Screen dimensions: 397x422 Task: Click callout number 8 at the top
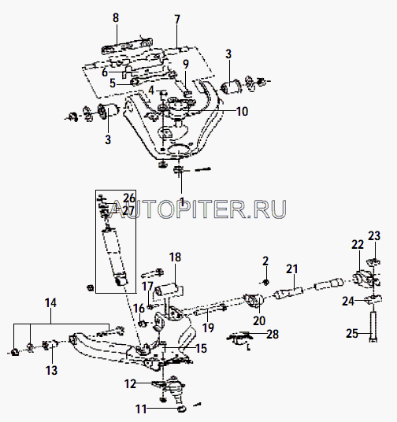point(116,18)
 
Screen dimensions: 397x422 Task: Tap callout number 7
point(177,20)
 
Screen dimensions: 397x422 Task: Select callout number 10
point(242,112)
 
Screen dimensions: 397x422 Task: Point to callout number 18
point(175,257)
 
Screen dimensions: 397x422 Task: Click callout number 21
point(292,268)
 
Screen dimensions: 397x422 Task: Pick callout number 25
point(352,334)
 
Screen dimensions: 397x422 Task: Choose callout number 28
point(273,335)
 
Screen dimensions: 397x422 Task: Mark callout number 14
point(50,303)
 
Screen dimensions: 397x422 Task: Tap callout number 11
point(141,409)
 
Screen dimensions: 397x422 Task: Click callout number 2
point(265,261)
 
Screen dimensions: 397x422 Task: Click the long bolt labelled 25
point(373,327)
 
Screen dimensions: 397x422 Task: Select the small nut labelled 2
point(265,283)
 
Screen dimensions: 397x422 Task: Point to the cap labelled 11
point(182,409)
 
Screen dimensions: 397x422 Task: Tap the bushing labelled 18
point(169,291)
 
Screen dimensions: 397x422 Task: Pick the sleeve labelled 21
point(288,293)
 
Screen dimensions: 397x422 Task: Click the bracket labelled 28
point(239,339)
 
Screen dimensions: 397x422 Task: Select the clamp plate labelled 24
point(373,299)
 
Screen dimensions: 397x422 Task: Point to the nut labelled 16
point(143,324)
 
